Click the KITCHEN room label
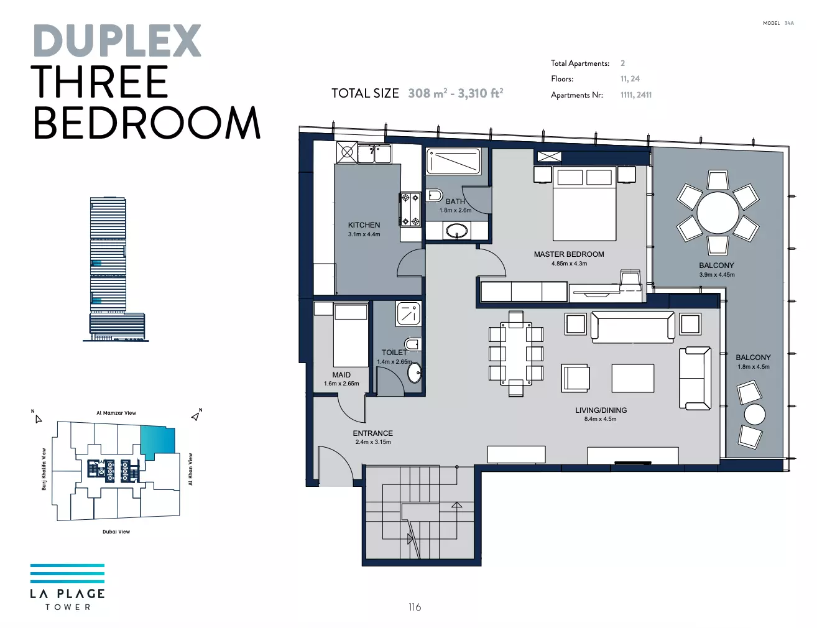point(364,224)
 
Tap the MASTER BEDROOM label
point(569,254)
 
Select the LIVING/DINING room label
point(601,410)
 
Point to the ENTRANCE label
point(372,433)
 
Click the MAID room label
point(341,375)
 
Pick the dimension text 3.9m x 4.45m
point(717,275)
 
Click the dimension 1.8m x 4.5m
point(753,367)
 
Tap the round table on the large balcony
point(718,212)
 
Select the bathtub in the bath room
point(453,161)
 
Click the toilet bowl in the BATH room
point(435,195)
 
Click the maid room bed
point(351,335)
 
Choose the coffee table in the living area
point(633,378)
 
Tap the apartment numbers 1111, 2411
point(636,95)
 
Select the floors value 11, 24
point(630,78)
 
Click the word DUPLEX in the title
point(118,40)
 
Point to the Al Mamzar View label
point(116,413)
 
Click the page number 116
point(415,607)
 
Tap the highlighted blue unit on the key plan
point(157,441)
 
